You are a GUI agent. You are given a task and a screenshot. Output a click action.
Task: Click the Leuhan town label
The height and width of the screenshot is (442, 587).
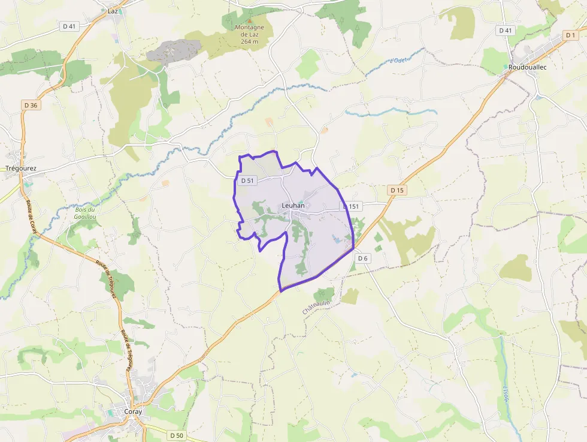tap(293, 206)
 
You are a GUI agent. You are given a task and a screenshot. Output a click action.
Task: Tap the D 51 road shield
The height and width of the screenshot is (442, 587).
tap(247, 181)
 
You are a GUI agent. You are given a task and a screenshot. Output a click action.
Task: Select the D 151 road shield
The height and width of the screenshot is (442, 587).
tap(352, 206)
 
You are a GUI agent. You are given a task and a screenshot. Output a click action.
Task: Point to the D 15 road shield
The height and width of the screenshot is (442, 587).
tap(397, 190)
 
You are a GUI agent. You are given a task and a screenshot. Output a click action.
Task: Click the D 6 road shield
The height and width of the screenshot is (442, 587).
tap(362, 258)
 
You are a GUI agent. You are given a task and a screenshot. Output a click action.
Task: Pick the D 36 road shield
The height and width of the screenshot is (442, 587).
tap(31, 105)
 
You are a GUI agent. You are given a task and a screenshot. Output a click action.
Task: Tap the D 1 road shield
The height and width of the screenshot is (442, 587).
tap(570, 36)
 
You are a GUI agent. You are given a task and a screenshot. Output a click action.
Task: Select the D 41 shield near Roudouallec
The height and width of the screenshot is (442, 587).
tap(505, 30)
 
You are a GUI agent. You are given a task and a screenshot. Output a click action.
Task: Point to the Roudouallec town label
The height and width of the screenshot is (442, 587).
tap(528, 67)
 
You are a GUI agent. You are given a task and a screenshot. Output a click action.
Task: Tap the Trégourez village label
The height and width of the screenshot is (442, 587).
tap(20, 169)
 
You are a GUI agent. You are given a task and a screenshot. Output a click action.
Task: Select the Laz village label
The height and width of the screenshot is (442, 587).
tap(113, 11)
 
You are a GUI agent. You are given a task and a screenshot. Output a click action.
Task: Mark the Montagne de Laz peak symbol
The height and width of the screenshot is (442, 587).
tap(250, 21)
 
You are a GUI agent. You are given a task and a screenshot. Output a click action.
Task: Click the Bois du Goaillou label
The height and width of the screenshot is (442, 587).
tap(86, 213)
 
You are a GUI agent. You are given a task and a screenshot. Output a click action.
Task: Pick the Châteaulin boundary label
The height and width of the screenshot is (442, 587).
tap(316, 308)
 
